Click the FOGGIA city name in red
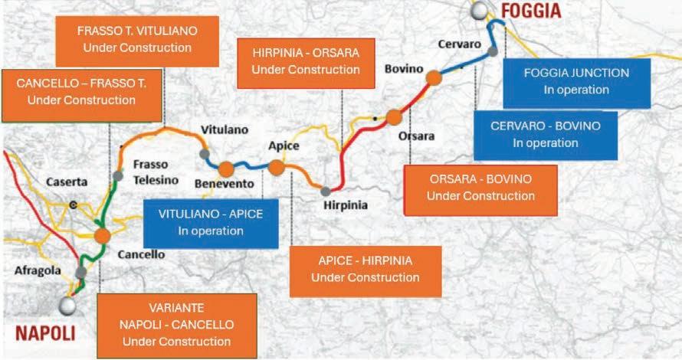(x=531, y=11)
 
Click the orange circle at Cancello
(x=102, y=236)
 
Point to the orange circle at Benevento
(x=225, y=169)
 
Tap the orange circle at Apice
(x=277, y=168)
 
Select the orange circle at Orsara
(x=394, y=117)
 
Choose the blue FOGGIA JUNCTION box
(x=575, y=81)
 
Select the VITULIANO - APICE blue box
(x=210, y=222)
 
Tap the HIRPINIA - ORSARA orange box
(x=306, y=61)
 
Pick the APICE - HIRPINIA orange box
(x=365, y=269)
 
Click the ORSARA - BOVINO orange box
(x=480, y=187)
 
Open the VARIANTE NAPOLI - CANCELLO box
(x=176, y=324)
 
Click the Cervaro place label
(x=459, y=44)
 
